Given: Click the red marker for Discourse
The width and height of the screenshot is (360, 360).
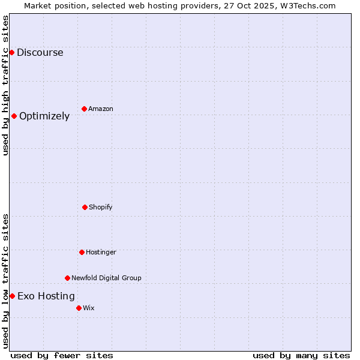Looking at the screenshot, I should (11, 52).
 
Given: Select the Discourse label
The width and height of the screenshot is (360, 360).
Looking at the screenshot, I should (40, 52).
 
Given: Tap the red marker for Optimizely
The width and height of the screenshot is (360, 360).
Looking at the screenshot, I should (14, 116).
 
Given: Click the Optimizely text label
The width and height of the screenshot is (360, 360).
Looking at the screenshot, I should (44, 116).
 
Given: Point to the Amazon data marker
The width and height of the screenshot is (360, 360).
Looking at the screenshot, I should (84, 109).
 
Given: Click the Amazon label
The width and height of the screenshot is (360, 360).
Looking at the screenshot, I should (100, 109).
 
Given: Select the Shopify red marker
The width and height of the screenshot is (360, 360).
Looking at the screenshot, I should (85, 207).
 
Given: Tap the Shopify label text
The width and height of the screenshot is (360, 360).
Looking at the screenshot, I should (100, 207).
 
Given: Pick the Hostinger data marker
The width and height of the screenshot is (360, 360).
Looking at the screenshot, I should (82, 252).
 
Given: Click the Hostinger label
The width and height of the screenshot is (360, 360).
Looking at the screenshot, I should (101, 252).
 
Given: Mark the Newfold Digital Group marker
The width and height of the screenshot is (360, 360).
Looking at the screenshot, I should (67, 278).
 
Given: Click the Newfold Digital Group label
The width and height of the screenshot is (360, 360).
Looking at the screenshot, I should (106, 278).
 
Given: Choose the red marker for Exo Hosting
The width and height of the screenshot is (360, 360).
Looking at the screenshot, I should (12, 296).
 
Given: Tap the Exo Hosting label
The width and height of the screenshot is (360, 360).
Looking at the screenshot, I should (46, 296).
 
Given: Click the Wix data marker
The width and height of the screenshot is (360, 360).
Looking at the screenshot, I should (79, 308).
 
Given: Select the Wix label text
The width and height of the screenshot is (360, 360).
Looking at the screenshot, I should (88, 308).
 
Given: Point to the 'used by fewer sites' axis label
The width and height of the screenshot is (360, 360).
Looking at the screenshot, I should (62, 355).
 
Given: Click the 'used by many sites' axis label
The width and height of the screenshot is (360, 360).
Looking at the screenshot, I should (301, 355).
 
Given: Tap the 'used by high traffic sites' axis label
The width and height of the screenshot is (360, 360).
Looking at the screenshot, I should (5, 85).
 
